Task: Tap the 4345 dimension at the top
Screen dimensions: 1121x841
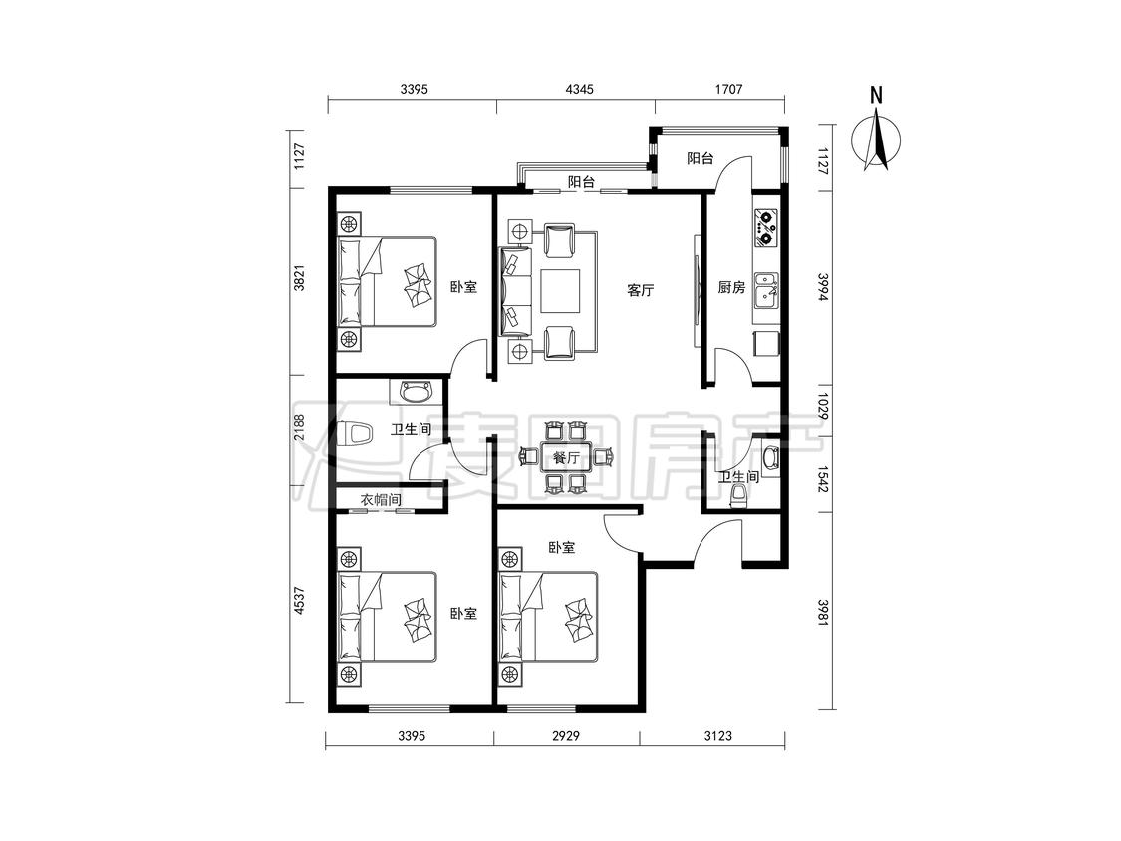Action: point(579,90)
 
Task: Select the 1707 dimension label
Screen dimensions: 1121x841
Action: point(728,90)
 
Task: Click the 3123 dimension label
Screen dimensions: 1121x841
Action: point(717,735)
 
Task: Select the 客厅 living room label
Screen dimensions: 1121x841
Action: point(640,290)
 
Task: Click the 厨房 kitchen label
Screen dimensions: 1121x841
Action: point(731,288)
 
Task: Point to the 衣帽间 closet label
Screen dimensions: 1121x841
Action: point(380,500)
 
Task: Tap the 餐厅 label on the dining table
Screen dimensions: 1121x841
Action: point(566,457)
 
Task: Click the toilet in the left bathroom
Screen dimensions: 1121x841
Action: point(357,433)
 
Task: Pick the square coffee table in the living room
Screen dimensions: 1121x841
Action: point(561,290)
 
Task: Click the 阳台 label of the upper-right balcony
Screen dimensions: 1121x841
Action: point(700,158)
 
